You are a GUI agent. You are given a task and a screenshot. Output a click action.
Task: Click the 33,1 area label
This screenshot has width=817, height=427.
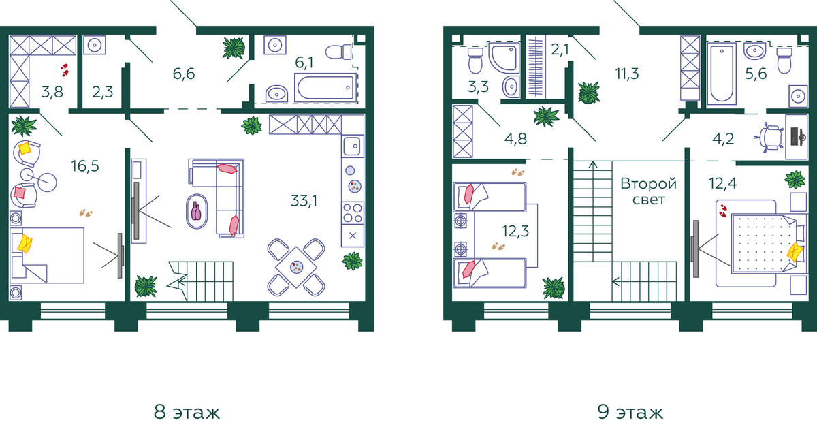(304, 201)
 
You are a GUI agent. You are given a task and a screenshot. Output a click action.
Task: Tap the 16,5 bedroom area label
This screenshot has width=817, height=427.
(85, 166)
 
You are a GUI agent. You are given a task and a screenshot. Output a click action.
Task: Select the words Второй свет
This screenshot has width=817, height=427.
(648, 191)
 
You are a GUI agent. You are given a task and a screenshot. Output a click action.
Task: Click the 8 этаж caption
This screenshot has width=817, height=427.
(187, 411)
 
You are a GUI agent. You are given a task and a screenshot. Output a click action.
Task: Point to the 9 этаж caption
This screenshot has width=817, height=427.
(630, 411)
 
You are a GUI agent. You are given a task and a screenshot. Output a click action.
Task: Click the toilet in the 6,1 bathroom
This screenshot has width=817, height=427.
(338, 52)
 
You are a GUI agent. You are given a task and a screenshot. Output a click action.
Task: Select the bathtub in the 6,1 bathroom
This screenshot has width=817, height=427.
(325, 88)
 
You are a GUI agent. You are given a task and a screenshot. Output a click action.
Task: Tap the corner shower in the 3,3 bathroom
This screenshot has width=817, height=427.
(504, 57)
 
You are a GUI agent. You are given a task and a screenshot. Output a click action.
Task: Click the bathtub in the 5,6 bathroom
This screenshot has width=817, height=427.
(722, 74)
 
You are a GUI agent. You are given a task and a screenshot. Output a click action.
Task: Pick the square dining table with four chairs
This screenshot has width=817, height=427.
(296, 267)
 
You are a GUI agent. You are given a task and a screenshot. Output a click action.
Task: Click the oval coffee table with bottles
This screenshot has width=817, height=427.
(197, 211)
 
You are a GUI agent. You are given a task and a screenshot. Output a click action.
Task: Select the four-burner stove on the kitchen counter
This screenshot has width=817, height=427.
(353, 212)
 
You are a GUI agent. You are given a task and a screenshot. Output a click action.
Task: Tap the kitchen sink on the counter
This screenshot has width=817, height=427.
(353, 146)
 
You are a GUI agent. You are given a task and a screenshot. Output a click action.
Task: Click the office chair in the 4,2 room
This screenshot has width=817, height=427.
(769, 138)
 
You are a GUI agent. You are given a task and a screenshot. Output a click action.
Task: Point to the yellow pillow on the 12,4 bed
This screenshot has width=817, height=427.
(795, 252)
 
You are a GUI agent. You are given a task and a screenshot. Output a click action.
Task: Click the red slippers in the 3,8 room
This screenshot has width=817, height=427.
(65, 70)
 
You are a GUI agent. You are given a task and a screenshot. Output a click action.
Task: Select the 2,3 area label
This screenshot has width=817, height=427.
(103, 93)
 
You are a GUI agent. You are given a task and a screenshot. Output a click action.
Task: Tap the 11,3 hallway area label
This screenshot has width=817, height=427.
(627, 74)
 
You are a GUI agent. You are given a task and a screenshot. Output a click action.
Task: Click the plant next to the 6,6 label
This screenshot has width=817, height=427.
(234, 48)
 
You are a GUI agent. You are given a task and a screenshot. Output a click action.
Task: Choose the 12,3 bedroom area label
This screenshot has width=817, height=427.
(515, 231)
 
